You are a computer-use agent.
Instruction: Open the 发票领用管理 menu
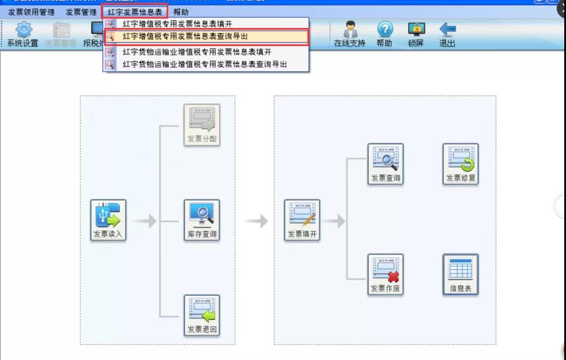tap(31, 12)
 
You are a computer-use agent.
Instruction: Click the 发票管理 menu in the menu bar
tap(81, 12)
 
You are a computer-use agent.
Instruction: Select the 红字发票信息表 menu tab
tap(135, 12)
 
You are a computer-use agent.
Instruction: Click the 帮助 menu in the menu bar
tap(181, 12)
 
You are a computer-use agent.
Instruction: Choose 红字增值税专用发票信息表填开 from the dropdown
tap(178, 24)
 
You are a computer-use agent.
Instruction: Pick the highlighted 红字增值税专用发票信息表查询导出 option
tap(185, 37)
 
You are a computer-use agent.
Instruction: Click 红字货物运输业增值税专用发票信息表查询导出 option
tap(205, 64)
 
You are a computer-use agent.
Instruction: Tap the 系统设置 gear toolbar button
tap(23, 35)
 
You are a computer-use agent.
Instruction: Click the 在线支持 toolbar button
tap(349, 35)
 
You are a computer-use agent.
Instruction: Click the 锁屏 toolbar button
tap(416, 35)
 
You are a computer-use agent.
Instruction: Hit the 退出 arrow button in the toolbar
tap(447, 35)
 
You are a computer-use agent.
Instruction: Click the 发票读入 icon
tap(108, 220)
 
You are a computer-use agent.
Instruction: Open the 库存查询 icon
tap(201, 220)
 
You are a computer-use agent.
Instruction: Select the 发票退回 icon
tap(201, 315)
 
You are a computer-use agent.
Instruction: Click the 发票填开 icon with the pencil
tap(302, 220)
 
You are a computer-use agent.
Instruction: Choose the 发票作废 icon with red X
tap(385, 274)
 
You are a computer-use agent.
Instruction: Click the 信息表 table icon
tap(461, 274)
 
